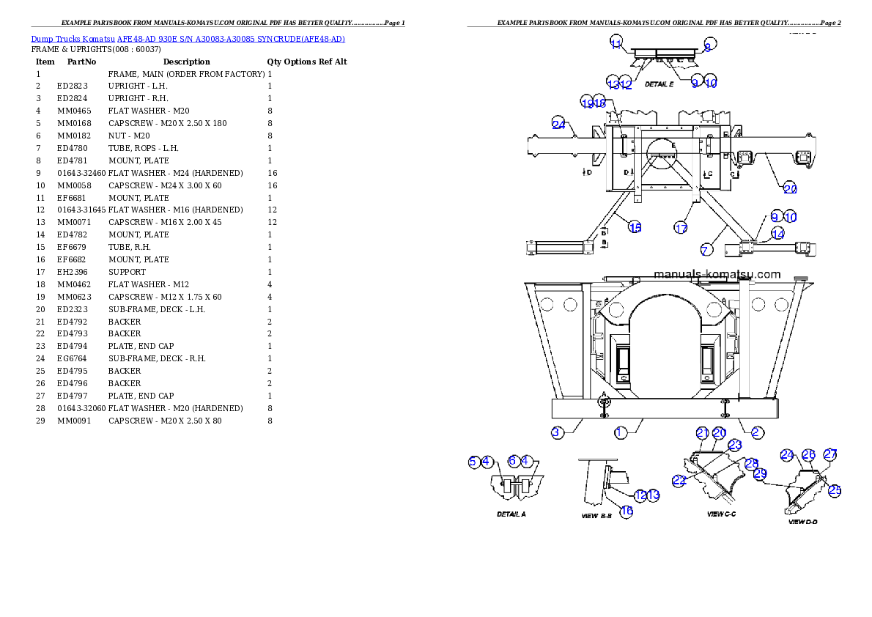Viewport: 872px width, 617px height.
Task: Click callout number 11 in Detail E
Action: click(x=616, y=42)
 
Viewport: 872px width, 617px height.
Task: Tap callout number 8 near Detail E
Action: click(x=708, y=46)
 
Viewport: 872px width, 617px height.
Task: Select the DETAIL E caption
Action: click(x=659, y=84)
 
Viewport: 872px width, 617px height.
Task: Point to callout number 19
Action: click(x=587, y=103)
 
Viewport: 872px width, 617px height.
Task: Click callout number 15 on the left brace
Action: click(x=635, y=227)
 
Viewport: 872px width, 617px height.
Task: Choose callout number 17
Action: click(x=681, y=228)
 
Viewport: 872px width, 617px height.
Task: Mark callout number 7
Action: click(x=705, y=250)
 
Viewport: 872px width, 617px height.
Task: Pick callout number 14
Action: click(x=777, y=234)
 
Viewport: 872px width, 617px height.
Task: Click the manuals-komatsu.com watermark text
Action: click(x=717, y=275)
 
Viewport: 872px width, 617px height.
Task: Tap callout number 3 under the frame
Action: click(x=557, y=432)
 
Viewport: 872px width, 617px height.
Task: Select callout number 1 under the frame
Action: click(x=620, y=432)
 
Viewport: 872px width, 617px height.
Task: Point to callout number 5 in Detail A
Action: click(x=473, y=462)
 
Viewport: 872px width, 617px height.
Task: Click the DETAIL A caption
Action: click(x=511, y=514)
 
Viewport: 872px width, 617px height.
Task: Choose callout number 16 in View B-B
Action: click(x=627, y=511)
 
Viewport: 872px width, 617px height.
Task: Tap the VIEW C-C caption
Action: click(x=721, y=514)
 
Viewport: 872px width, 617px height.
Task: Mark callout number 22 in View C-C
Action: click(x=680, y=480)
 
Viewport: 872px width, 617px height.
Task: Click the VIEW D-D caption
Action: click(x=802, y=522)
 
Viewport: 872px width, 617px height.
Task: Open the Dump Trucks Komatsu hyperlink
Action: click(x=188, y=39)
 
